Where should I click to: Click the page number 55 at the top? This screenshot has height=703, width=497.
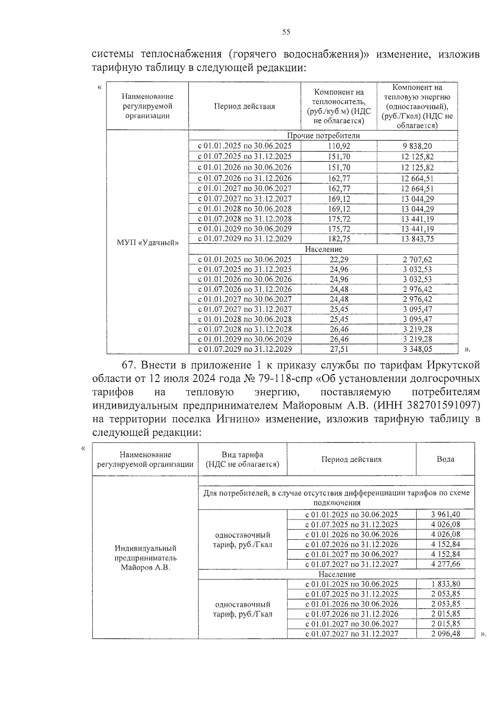[x=286, y=32]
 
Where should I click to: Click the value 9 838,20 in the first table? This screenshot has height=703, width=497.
[x=417, y=146]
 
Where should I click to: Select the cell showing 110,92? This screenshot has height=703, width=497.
[x=339, y=146]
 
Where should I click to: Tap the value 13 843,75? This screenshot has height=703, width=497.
[x=417, y=239]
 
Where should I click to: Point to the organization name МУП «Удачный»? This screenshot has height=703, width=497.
[x=148, y=242]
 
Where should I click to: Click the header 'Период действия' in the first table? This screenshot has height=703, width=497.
[x=244, y=106]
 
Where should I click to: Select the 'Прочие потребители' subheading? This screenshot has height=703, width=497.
[x=323, y=135]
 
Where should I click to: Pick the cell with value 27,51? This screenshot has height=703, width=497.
[x=339, y=349]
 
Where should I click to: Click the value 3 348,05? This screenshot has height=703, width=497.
[x=417, y=349]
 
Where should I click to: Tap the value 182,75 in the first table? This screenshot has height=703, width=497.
[x=339, y=239]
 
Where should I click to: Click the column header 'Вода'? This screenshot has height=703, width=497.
[x=445, y=459]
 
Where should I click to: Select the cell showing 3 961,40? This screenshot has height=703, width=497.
[x=445, y=515]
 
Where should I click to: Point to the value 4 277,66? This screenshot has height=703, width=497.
[x=445, y=564]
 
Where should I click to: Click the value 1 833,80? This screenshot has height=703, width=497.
[x=445, y=584]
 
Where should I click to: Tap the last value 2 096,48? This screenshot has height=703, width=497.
[x=445, y=633]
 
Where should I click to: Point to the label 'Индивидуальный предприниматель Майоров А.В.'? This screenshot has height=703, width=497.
[x=145, y=558]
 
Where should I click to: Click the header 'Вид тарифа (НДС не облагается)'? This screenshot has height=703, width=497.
[x=243, y=459]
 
